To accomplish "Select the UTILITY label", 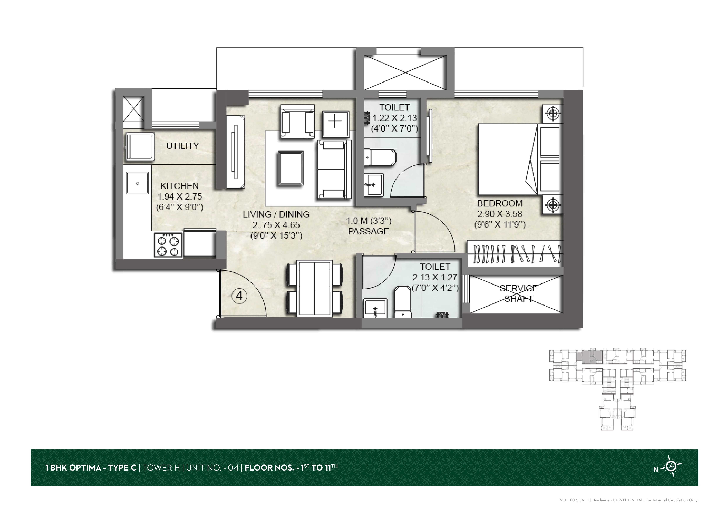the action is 183,146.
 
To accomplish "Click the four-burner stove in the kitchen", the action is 168,245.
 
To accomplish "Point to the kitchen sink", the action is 137,183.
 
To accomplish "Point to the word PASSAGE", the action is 368,232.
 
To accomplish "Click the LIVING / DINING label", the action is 276,214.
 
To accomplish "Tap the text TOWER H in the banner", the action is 161,468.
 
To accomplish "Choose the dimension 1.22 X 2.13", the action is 394,118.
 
